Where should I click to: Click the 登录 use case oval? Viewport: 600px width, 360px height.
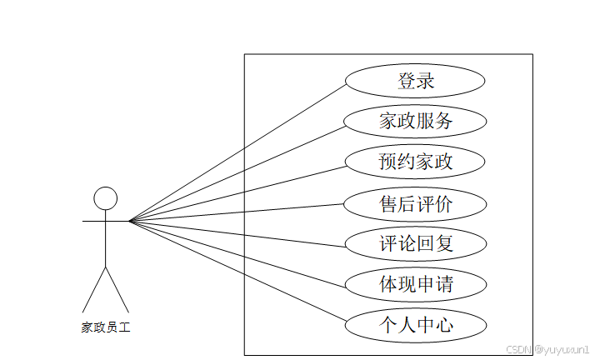415,82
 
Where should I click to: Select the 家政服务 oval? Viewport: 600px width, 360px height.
415,122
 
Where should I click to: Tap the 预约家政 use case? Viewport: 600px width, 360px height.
415,162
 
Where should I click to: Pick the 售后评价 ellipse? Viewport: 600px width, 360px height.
415,203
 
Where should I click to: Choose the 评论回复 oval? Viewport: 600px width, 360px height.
415,244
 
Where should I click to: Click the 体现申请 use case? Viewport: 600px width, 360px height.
415,284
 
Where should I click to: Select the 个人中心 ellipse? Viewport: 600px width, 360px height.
415,324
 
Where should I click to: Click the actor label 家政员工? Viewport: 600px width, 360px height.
105,327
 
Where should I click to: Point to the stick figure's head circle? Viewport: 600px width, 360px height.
105,198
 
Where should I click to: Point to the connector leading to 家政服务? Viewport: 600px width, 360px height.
237,171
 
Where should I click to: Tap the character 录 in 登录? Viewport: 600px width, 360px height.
426,82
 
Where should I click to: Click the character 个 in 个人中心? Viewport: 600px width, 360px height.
388,324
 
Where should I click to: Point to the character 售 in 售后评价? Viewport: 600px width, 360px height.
388,203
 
